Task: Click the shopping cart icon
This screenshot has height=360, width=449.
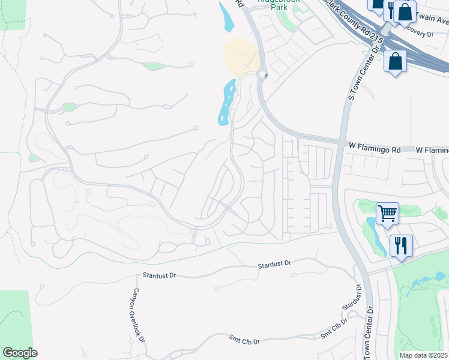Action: tap(387, 213)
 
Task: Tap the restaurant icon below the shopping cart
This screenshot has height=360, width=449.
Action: tap(400, 245)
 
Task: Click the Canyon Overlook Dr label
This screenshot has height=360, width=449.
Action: tap(138, 314)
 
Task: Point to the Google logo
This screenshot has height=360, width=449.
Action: tap(20, 353)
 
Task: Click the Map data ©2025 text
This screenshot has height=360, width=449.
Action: tap(423, 355)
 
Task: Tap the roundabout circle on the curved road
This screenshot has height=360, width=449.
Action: tap(262, 74)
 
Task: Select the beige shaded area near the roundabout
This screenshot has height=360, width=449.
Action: tap(241, 56)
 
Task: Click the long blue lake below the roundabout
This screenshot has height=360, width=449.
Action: tap(226, 103)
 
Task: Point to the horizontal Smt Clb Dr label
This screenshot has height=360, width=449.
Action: tap(244, 341)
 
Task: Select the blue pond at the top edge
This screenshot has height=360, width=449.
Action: tap(227, 17)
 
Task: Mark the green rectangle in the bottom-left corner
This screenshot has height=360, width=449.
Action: tap(14, 318)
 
